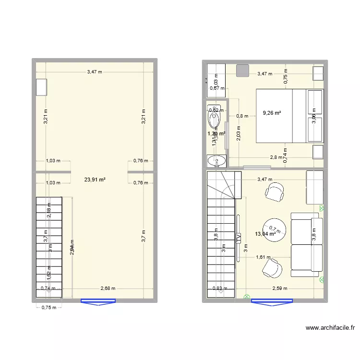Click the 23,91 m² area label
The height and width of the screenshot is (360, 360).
[x=95, y=180]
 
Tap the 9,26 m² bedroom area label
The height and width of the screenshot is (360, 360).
[x=272, y=113]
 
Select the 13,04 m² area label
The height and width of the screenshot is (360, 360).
[x=265, y=234]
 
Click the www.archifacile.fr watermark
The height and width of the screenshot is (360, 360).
[x=330, y=328]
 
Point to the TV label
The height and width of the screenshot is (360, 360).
[x=238, y=237]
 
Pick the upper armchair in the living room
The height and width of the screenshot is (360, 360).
[x=274, y=193]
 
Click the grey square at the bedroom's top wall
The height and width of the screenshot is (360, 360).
[x=243, y=70]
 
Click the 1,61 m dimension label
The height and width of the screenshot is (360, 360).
[x=263, y=257]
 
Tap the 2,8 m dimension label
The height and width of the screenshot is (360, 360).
[x=276, y=157]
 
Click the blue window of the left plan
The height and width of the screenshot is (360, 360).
[x=98, y=302]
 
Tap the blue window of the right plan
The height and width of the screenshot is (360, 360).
[x=272, y=302]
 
